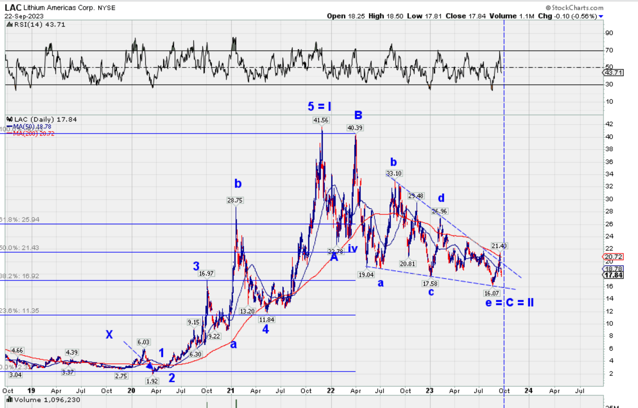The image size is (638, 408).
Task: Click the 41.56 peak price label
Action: pos(321,120)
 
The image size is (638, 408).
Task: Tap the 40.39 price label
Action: pos(355,128)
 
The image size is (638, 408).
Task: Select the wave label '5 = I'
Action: pos(319,106)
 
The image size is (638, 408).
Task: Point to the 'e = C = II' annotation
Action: pos(509,303)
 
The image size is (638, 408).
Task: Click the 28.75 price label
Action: pos(235,200)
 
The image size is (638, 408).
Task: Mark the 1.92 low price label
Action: pos(152,381)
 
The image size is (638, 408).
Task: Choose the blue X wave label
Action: pos(109,334)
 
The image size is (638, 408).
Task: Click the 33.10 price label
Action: pos(394,173)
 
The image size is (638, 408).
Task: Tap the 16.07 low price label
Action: pos(491,293)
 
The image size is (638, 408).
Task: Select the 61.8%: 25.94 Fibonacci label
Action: pos(20,219)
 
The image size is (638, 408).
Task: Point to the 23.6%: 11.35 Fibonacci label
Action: pos(20,310)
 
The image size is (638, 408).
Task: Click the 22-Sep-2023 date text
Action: pos(24,16)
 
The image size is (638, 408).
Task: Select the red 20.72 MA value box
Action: pos(613,257)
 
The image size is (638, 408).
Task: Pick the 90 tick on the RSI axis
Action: pos(609,33)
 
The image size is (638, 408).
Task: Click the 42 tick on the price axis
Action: pos(609,124)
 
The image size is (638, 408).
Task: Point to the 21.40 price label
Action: pos(499,246)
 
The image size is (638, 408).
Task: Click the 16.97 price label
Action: pos(206,273)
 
